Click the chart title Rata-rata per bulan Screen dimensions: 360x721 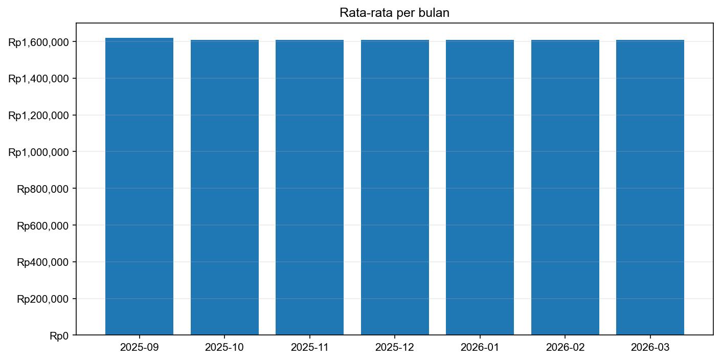(394, 13)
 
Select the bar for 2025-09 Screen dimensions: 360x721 (139, 187)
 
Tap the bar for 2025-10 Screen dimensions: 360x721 (224, 188)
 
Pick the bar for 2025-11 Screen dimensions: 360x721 (309, 188)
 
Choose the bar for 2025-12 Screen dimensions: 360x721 (395, 188)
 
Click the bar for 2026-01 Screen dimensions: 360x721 (480, 188)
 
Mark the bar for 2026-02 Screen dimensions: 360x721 (565, 188)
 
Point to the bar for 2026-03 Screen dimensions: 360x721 (650, 188)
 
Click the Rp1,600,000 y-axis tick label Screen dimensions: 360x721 (38, 42)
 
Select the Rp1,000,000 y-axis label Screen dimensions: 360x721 (38, 152)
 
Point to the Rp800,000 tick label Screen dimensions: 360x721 (43, 189)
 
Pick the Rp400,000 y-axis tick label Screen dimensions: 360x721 (43, 262)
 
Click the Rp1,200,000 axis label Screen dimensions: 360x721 (38, 116)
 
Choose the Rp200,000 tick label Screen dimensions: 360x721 (43, 299)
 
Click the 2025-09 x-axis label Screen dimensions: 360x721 (139, 348)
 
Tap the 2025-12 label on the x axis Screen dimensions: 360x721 (395, 348)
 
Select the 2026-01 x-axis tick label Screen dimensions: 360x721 (480, 348)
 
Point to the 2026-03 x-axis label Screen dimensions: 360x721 (650, 348)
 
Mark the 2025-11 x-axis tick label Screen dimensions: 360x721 (309, 348)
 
